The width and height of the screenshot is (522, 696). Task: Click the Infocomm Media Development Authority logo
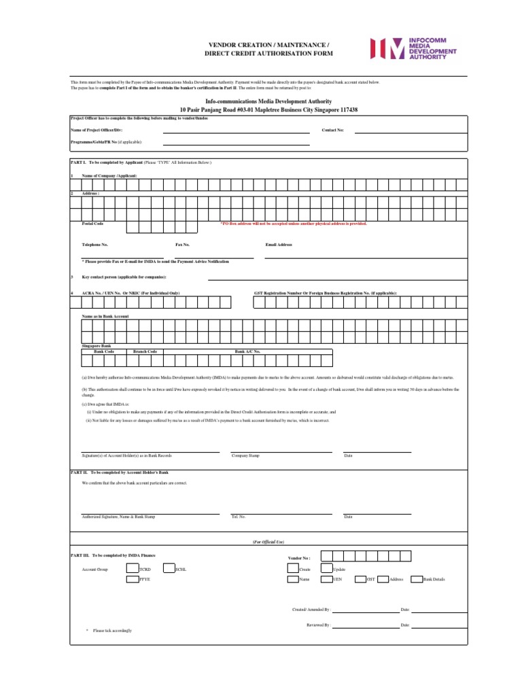[413, 49]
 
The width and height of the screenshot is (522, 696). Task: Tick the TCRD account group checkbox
[132, 569]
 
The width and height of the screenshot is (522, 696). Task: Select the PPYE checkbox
[132, 580]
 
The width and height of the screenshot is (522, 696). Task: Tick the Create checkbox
[293, 569]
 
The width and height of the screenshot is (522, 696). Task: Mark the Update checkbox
[326, 569]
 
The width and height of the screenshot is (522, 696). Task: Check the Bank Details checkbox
[417, 580]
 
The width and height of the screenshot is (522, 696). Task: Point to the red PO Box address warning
[293, 224]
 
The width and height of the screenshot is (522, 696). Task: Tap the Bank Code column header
[104, 351]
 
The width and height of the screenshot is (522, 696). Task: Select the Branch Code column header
[145, 351]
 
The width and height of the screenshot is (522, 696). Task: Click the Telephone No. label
[95, 245]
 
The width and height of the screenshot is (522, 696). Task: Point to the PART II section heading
[119, 472]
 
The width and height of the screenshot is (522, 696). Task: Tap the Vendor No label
[300, 557]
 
